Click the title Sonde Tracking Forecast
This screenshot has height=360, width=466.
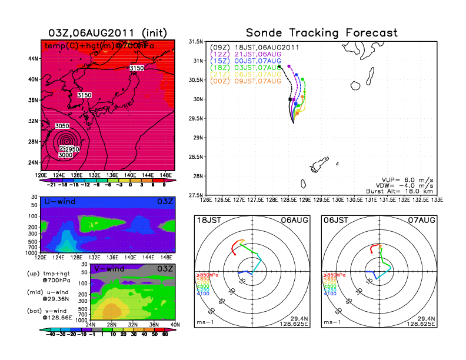click(321, 33)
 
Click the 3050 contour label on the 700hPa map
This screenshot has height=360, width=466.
click(62, 126)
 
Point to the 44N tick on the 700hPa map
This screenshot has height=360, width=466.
click(32, 59)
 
